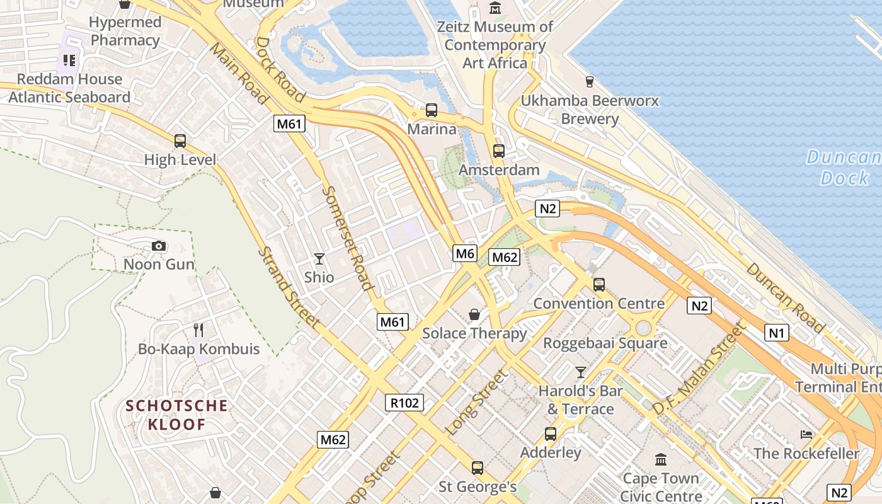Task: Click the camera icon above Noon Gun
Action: pyautogui.click(x=159, y=246)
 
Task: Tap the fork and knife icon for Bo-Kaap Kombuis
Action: pyautogui.click(x=198, y=329)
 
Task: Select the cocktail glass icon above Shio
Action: pyautogui.click(x=319, y=258)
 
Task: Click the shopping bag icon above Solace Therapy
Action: pyautogui.click(x=474, y=314)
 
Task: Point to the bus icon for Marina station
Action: pyautogui.click(x=432, y=110)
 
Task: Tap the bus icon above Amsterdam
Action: pyautogui.click(x=499, y=151)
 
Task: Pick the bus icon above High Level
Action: pyautogui.click(x=180, y=140)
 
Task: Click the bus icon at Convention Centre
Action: pyautogui.click(x=599, y=284)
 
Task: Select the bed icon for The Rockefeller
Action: pyautogui.click(x=806, y=434)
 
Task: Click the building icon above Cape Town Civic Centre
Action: pyautogui.click(x=661, y=459)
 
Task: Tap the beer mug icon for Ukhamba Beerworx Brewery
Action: pyautogui.click(x=590, y=81)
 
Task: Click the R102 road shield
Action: pyautogui.click(x=404, y=403)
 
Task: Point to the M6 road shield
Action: pyautogui.click(x=465, y=253)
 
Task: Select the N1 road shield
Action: pyautogui.click(x=776, y=332)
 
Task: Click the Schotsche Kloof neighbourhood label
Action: pyautogui.click(x=177, y=415)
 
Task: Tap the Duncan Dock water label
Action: pyautogui.click(x=844, y=168)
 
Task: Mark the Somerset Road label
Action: pyautogui.click(x=347, y=238)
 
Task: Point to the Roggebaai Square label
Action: pyautogui.click(x=605, y=343)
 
